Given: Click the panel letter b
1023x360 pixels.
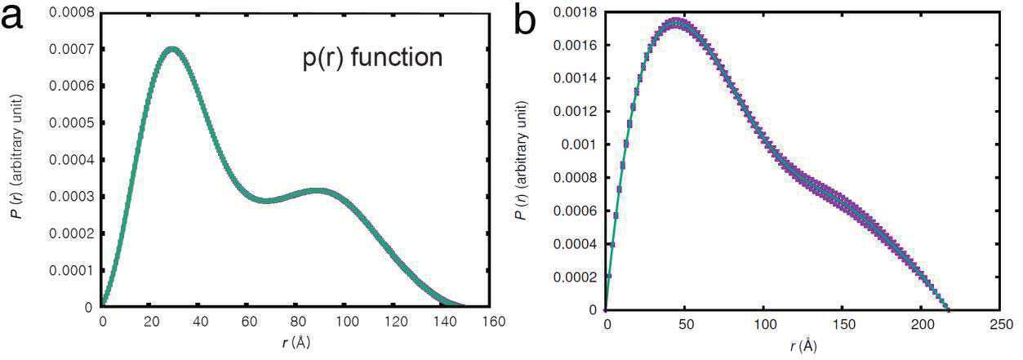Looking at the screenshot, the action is point(525,20).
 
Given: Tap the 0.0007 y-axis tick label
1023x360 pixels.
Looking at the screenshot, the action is point(71,49).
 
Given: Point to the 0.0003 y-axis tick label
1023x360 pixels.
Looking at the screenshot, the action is point(71,197).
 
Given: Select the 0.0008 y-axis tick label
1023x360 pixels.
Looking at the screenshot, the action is point(71,12).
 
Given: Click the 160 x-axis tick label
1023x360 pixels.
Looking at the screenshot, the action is point(493,322).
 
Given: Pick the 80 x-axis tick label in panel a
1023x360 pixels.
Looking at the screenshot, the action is point(298,322).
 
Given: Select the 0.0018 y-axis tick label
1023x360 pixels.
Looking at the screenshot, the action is point(575,12).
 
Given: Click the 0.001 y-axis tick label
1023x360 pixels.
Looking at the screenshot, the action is point(579,144).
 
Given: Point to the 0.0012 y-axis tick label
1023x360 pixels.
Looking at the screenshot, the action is point(575,112).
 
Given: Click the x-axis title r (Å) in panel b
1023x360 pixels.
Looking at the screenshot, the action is point(803,346).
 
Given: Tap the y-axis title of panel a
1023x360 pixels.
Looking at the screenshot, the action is point(18,156).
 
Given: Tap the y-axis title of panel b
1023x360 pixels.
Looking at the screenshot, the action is point(523,160).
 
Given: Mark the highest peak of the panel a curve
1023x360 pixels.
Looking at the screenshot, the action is point(171,49).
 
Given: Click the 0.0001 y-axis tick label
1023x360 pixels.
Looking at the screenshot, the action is point(71,270).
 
